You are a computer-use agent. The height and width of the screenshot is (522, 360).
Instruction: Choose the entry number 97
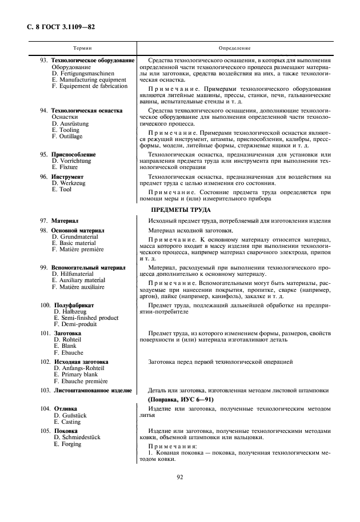pyautogui.click(x=43, y=220)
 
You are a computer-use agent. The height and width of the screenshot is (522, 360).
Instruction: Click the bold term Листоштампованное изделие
pyautogui.click(x=93, y=391)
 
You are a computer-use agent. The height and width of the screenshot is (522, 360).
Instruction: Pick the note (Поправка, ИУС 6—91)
pyautogui.click(x=181, y=399)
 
